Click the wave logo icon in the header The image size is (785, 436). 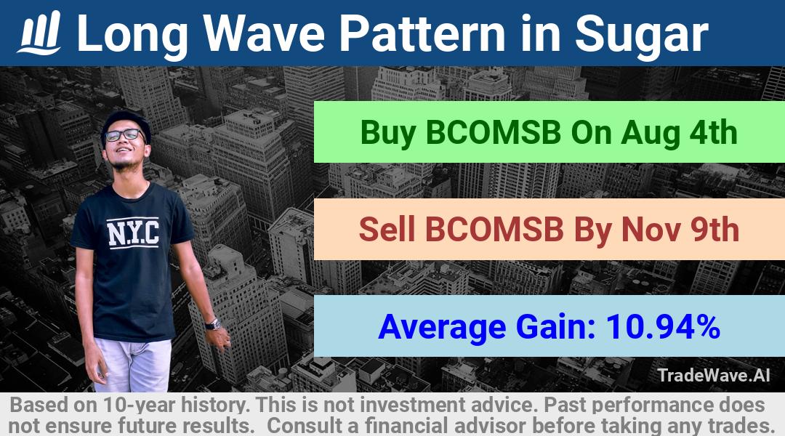[x=39, y=33]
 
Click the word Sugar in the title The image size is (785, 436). [x=641, y=35]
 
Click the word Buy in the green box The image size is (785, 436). [x=388, y=134]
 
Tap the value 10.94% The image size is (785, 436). [x=663, y=326]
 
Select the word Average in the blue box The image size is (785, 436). [x=442, y=327]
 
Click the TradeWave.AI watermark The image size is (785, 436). [x=714, y=375]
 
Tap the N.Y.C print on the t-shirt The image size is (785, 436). [x=133, y=233]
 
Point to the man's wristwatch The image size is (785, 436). [x=214, y=324]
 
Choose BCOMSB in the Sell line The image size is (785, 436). [x=494, y=229]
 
